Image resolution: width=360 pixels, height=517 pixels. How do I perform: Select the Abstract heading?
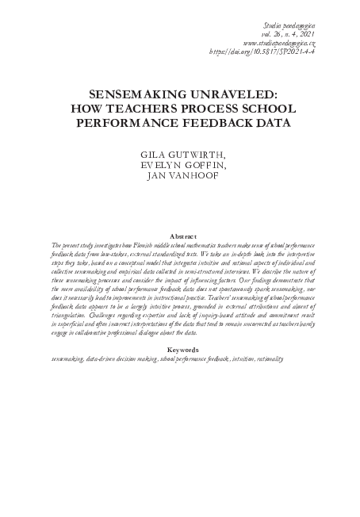180,236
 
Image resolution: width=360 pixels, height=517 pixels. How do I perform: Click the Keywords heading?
180,350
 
